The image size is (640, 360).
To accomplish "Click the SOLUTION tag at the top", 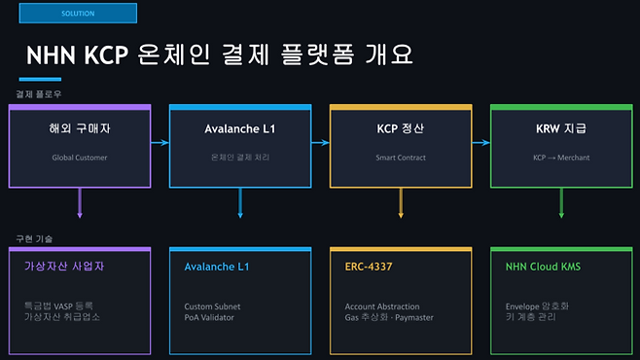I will pyautogui.click(x=78, y=14).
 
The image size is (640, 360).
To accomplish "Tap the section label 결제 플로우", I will pyautogui.click(x=39, y=94).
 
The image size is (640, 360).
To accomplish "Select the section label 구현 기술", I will pyautogui.click(x=35, y=237).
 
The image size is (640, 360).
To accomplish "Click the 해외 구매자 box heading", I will pyautogui.click(x=80, y=128).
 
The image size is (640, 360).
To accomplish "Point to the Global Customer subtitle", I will pyautogui.click(x=80, y=156).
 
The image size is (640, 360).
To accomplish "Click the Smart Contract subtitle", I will pyautogui.click(x=402, y=156).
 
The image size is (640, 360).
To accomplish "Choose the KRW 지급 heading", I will pyautogui.click(x=561, y=128).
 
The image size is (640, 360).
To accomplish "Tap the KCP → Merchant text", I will pyautogui.click(x=561, y=156).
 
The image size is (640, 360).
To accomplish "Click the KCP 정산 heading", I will pyautogui.click(x=402, y=128).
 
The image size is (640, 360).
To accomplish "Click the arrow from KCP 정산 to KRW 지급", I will pyautogui.click(x=481, y=143).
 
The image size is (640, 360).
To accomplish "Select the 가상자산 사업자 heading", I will pyautogui.click(x=64, y=265).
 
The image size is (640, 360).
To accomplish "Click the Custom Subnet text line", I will pyautogui.click(x=212, y=306).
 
